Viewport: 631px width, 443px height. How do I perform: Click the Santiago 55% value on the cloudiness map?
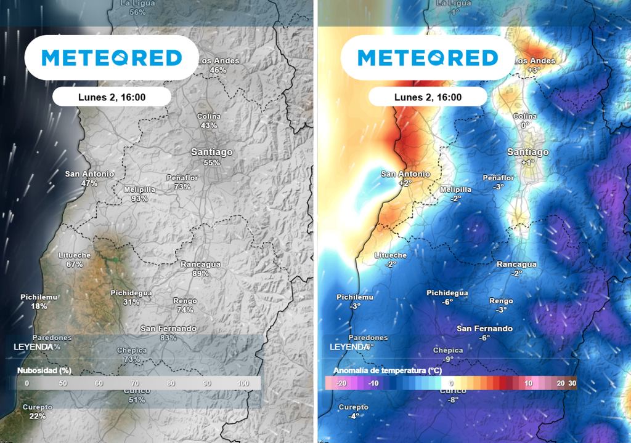(211, 162)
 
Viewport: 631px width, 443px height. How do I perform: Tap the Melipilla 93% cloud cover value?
(139, 199)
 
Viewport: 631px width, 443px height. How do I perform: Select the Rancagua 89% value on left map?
(200, 273)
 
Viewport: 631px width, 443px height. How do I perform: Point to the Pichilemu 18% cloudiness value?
(39, 306)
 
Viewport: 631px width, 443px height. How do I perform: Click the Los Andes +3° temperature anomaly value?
(534, 70)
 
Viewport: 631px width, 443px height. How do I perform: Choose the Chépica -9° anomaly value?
(448, 359)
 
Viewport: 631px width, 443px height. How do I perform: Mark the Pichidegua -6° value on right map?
(447, 302)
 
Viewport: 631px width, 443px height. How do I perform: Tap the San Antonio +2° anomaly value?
(405, 183)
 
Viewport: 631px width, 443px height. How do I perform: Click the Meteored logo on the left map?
(112, 58)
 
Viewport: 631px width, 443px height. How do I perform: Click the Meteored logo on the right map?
(428, 58)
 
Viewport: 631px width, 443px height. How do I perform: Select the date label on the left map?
(112, 97)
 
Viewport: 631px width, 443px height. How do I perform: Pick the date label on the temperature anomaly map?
(428, 97)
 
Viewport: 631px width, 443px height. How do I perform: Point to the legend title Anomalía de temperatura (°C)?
(378, 371)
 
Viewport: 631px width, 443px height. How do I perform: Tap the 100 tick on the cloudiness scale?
(243, 383)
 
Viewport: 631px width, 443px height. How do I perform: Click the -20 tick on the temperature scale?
(342, 383)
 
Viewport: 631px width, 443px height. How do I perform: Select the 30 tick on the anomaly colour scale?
(572, 383)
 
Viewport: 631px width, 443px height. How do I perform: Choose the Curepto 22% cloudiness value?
(38, 416)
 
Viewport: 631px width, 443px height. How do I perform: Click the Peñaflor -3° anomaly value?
(498, 186)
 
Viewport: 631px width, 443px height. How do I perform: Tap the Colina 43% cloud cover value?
(209, 126)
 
